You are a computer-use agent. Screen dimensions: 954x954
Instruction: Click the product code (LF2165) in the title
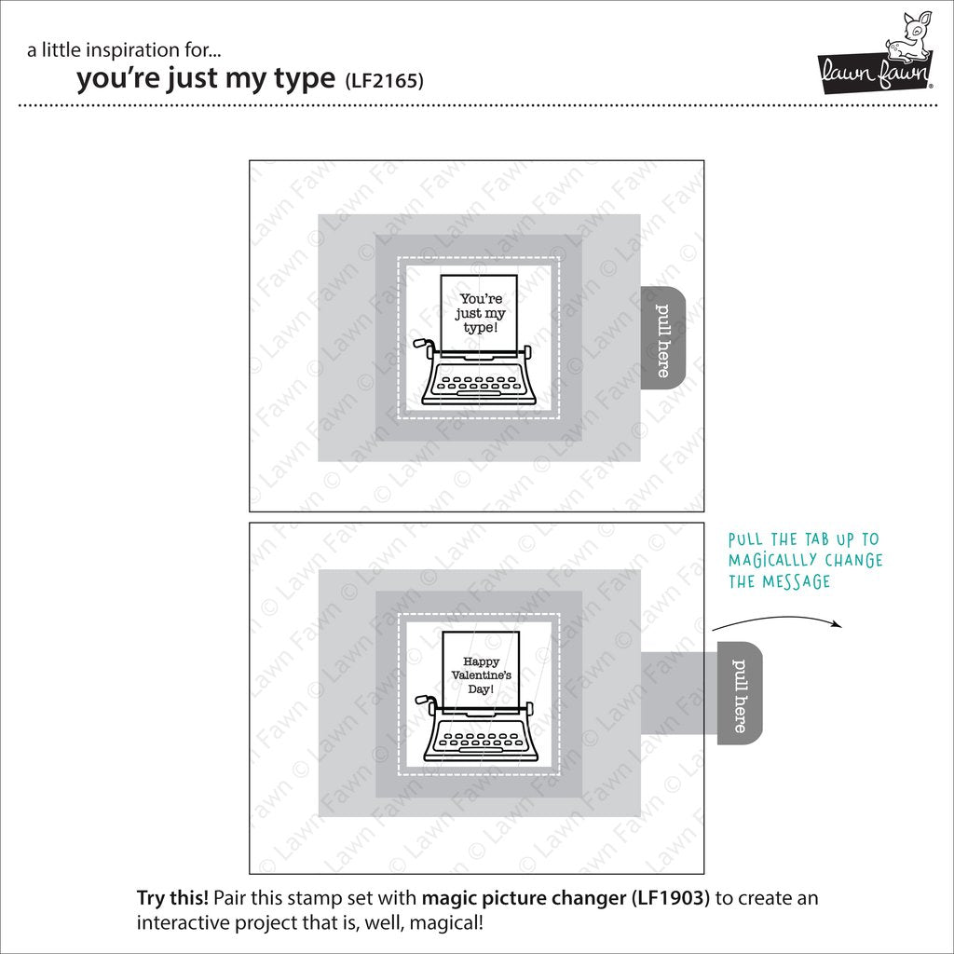coord(384,80)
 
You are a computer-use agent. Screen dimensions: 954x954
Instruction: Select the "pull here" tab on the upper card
coord(663,337)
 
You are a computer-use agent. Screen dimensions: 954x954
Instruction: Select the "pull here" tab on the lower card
coord(739,692)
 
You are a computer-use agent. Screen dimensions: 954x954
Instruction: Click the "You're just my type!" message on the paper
coord(481,313)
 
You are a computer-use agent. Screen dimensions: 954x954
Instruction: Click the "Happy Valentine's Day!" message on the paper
coord(482,675)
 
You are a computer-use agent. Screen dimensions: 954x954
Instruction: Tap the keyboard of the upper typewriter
coord(481,383)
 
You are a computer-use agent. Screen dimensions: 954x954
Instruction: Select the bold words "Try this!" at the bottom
coord(172,898)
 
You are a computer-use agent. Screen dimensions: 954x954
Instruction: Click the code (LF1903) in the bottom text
coord(671,898)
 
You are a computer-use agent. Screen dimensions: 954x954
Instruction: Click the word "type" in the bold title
coord(305,79)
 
